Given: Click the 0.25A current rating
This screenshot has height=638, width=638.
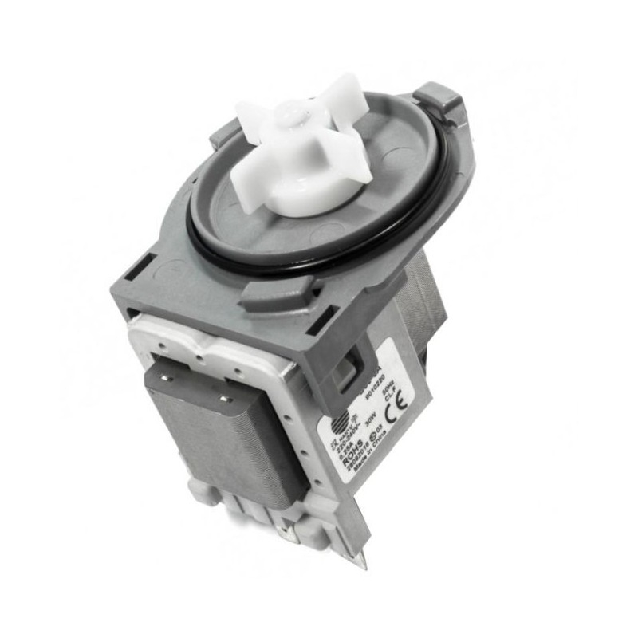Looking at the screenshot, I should pos(345,450).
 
